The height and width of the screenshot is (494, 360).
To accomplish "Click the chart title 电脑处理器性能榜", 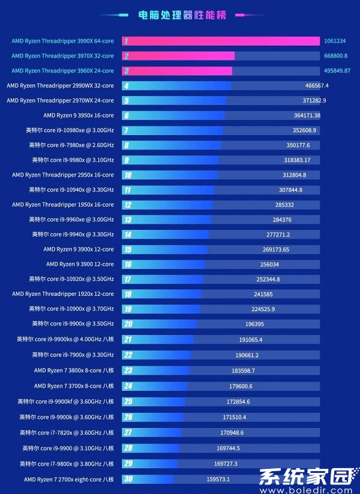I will click(x=182, y=16).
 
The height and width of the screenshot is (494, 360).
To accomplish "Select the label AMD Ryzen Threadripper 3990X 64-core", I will click(x=62, y=41).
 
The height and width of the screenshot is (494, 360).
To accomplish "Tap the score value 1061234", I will click(x=335, y=41).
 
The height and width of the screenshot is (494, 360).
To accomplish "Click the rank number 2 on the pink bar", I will click(x=127, y=56).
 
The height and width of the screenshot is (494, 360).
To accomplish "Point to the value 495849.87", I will click(x=337, y=71).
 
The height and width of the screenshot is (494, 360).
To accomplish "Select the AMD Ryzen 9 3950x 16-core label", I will click(x=78, y=115).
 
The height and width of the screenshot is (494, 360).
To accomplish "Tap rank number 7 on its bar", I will click(x=127, y=130).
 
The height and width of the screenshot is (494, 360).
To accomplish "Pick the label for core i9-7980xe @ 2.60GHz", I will click(x=71, y=145).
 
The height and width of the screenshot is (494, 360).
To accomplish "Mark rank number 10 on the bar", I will click(x=127, y=175).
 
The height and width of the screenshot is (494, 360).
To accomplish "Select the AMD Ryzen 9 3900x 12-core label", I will click(x=78, y=249).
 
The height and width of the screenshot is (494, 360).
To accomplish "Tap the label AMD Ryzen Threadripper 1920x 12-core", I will click(x=62, y=294).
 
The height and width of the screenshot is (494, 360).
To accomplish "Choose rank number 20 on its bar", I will click(x=128, y=324).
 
